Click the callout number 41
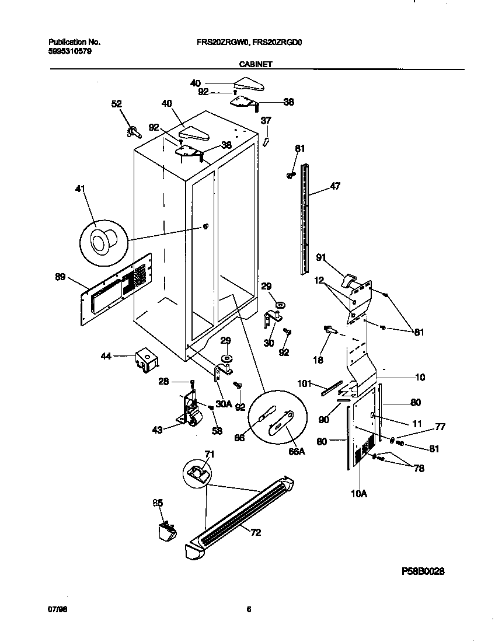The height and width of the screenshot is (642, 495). coord(81,189)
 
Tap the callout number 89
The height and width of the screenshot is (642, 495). coord(60,277)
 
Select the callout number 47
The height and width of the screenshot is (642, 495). coord(335,186)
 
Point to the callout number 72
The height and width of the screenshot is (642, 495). coord(256,532)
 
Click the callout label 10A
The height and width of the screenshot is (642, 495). coord(358,493)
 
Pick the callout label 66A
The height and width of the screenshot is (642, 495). coord(297,451)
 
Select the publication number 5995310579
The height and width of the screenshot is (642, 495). coord(69,51)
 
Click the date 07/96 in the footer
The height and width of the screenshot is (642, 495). coord(55,609)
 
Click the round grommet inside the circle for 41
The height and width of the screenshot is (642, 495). coord(102,240)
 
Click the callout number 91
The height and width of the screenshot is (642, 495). coord(320,257)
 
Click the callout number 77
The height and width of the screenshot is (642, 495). coord(440,427)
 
